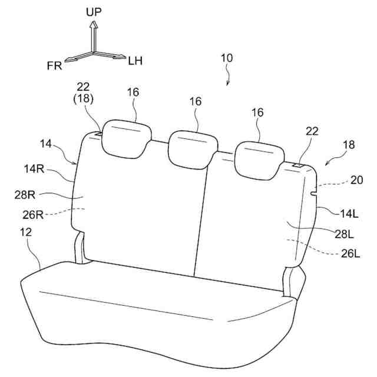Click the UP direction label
(x=94, y=11)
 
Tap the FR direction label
(x=55, y=65)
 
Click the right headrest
(x=258, y=158)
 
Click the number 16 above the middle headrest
(x=196, y=101)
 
